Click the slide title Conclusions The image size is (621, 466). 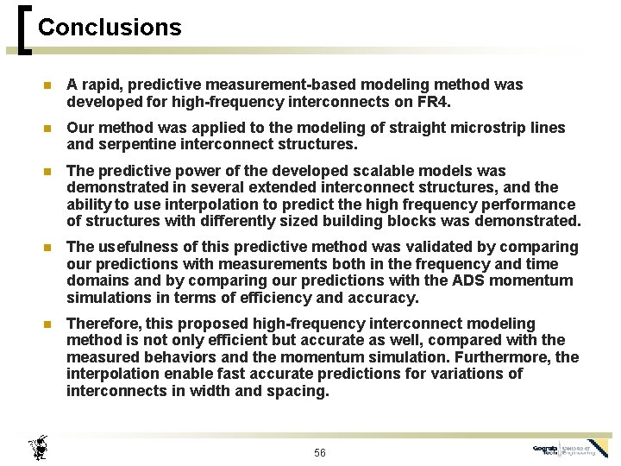[110, 28]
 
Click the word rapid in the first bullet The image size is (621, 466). [101, 85]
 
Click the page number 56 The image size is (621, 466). [320, 452]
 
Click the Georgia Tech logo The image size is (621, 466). [570, 450]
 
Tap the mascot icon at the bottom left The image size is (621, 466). [39, 447]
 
